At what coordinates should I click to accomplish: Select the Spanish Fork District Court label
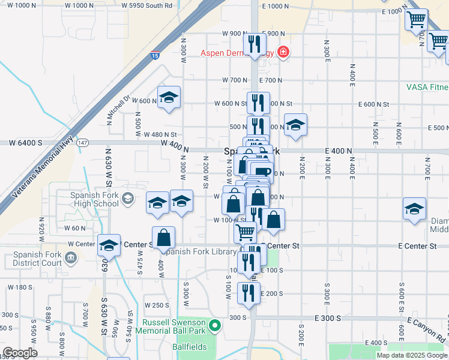pos(38,259)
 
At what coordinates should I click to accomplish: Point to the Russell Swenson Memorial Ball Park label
pos(172,326)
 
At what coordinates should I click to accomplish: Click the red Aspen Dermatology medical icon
pos(283,52)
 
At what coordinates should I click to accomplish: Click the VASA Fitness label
pos(427,87)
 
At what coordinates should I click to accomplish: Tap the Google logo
pos(20,353)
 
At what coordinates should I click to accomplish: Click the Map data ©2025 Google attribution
pos(412,355)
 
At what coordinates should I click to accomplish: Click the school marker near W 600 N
pos(169,97)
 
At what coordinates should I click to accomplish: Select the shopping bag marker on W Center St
pos(163,238)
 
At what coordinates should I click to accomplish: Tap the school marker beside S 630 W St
pos(109,245)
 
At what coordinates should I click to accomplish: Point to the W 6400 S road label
pos(25,143)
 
